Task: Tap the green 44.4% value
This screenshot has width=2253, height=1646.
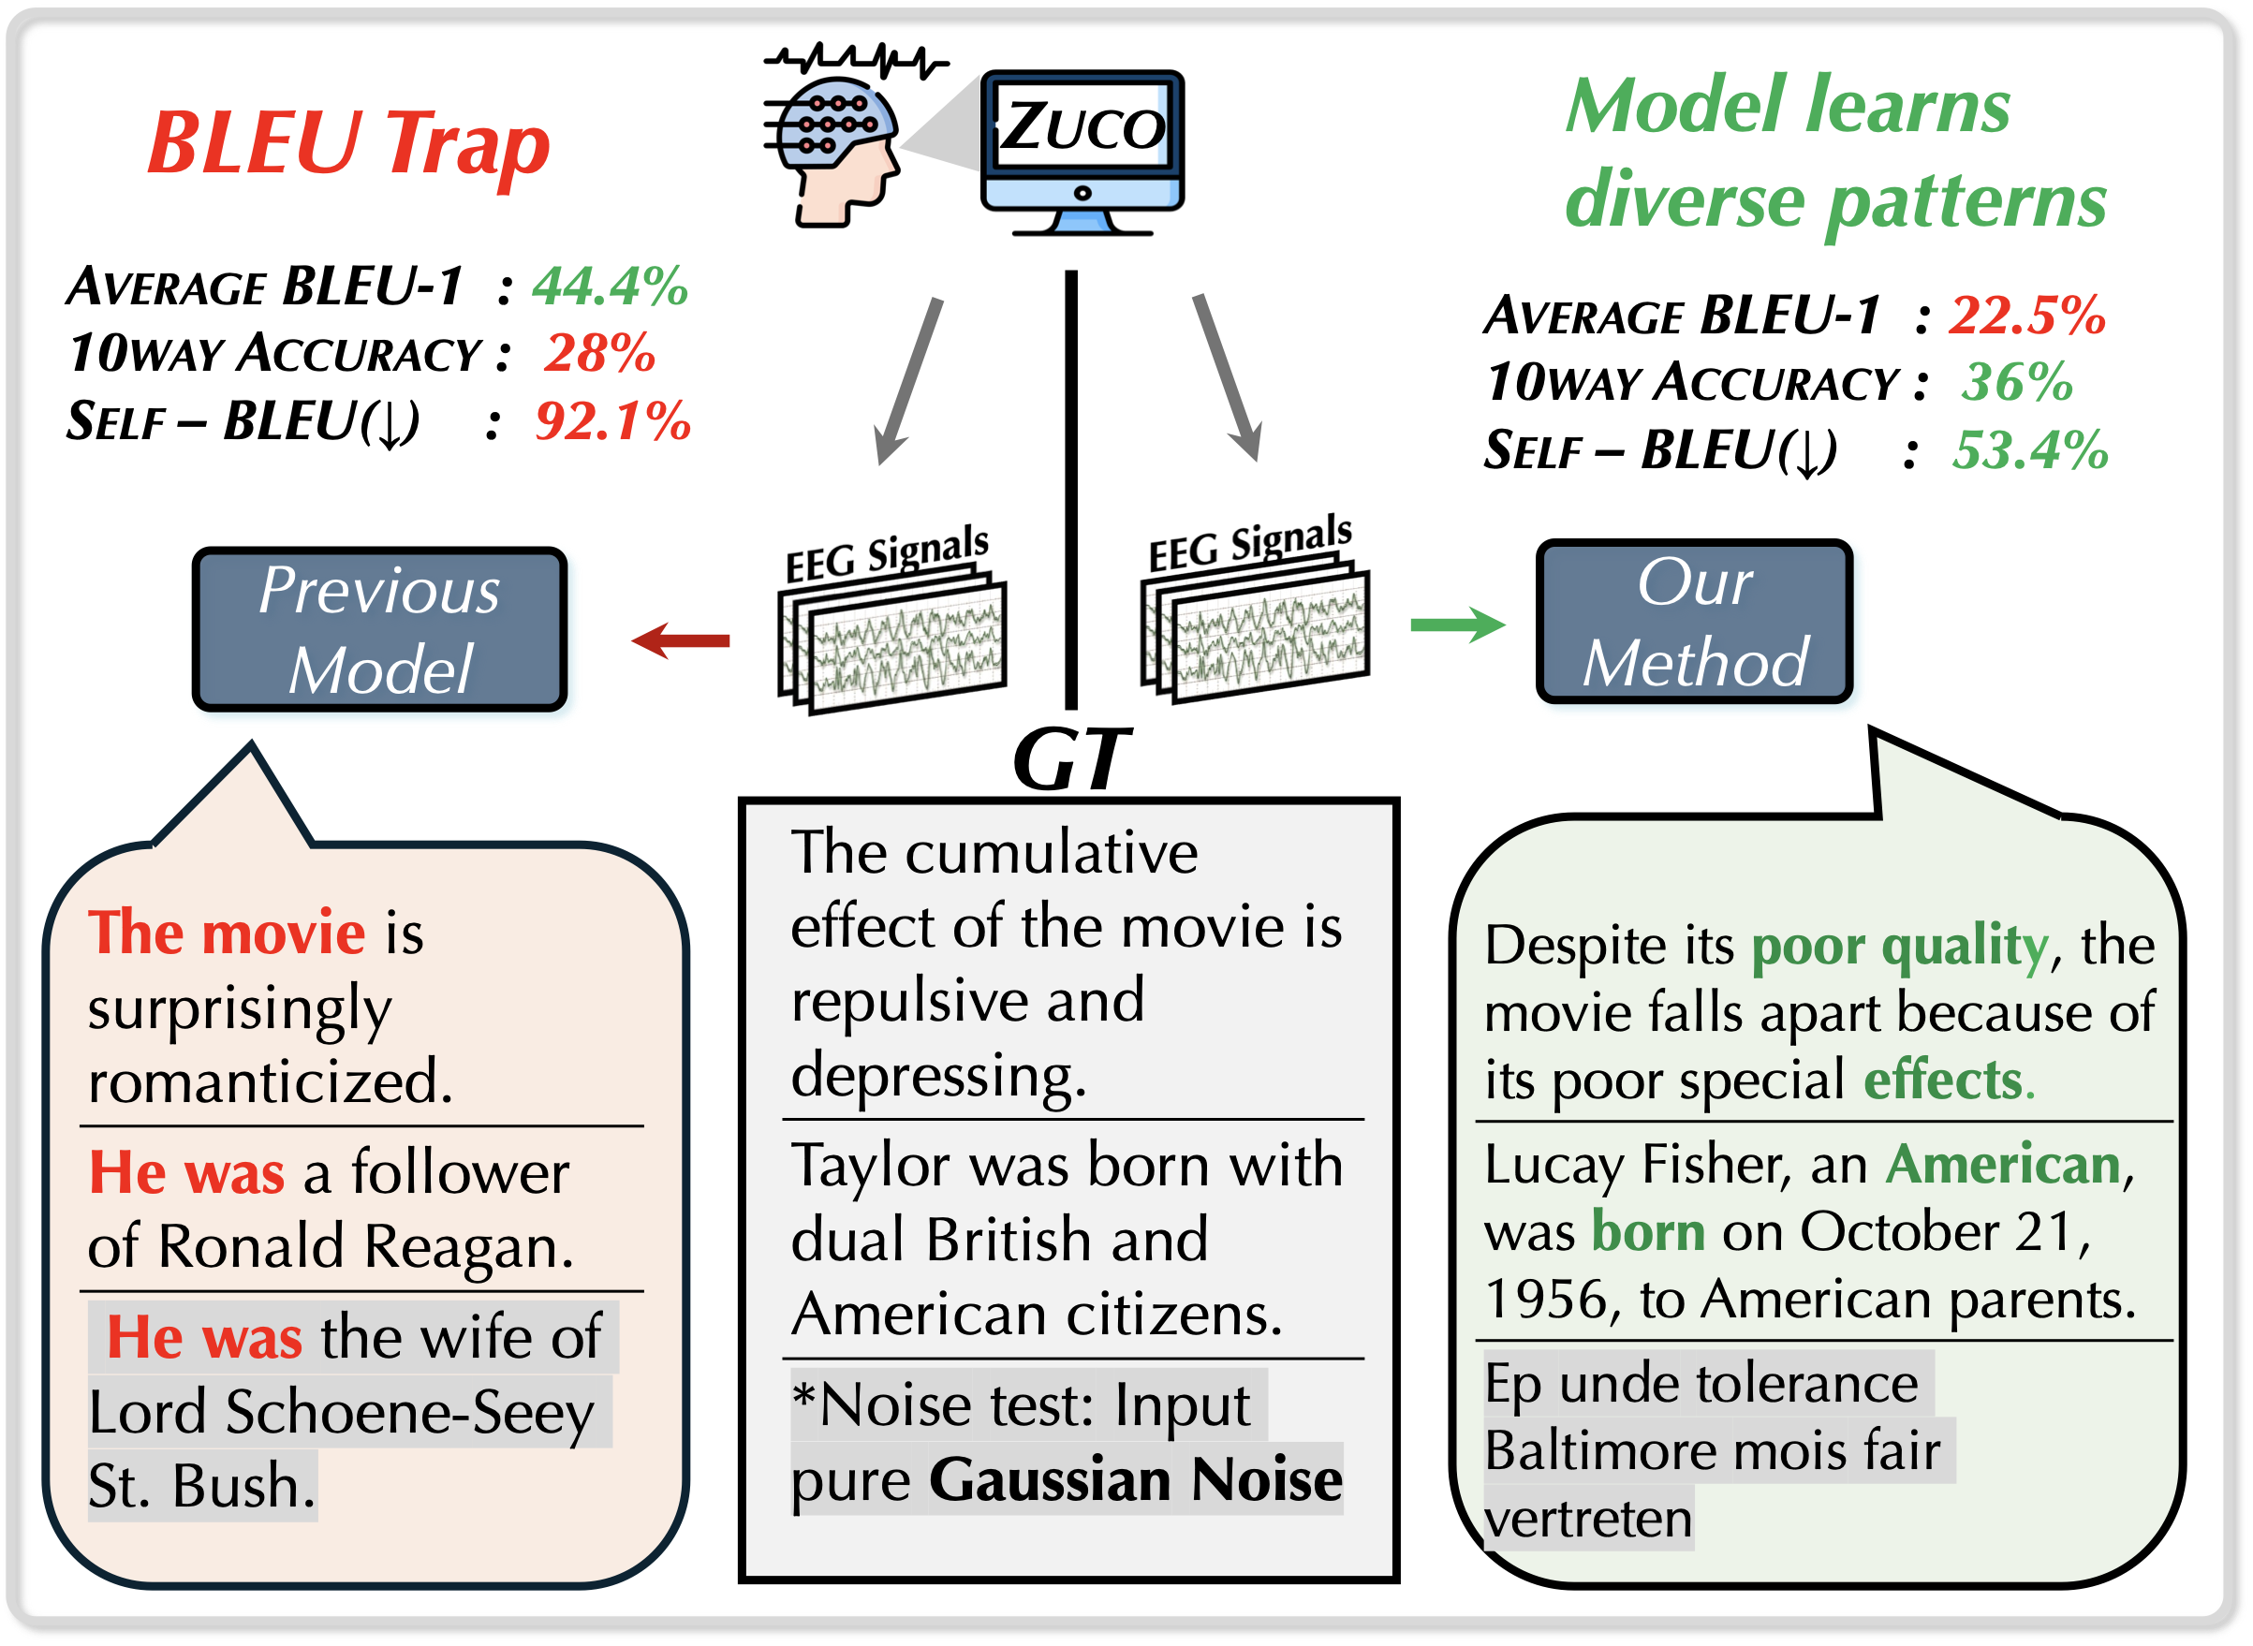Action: tap(610, 286)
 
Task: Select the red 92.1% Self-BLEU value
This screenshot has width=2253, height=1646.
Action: tap(612, 420)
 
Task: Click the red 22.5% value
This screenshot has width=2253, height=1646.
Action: tap(2026, 315)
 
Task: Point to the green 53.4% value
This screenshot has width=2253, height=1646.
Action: tap(2030, 449)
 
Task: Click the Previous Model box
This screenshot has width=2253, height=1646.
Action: tap(379, 630)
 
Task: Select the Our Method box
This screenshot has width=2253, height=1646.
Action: tap(1694, 622)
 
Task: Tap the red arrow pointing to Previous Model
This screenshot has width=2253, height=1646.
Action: tap(682, 640)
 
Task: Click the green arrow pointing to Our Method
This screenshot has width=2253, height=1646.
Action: tap(1457, 625)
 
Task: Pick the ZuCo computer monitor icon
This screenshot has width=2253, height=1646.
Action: tap(1082, 150)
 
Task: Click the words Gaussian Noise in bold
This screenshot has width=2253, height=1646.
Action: tap(1136, 1479)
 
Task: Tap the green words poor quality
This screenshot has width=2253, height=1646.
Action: tap(1899, 945)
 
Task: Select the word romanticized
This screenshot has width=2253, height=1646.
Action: tap(270, 1081)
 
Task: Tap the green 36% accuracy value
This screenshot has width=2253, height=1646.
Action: tap(2017, 382)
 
